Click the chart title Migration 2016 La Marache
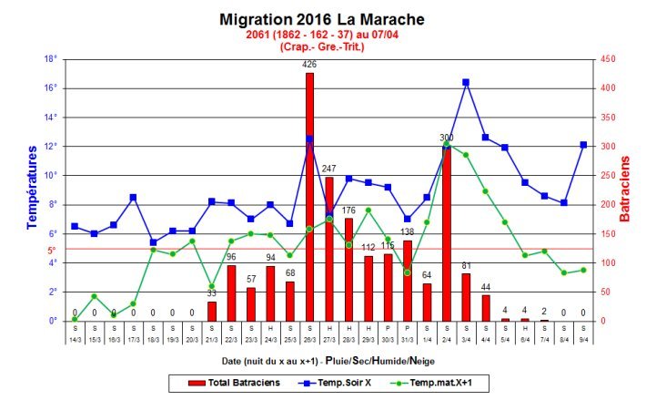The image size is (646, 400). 322,18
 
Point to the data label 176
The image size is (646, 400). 348,210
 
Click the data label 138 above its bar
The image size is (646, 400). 407,232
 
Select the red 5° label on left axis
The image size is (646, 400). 52,249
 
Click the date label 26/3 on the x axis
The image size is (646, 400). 309,338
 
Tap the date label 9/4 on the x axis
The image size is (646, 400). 583,338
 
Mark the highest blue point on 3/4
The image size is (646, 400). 466,82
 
